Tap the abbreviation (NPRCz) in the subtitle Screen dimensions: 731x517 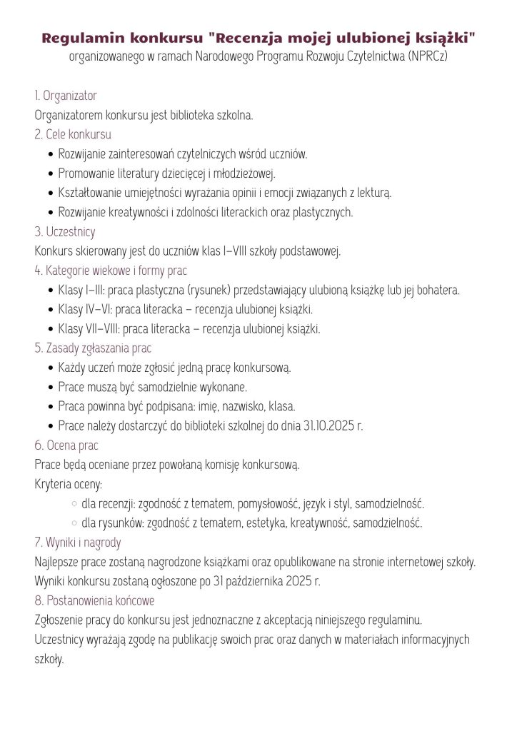[x=428, y=56]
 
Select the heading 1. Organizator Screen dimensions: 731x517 [x=66, y=96]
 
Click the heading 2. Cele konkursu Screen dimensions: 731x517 [x=73, y=134]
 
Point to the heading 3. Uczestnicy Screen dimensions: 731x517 [x=65, y=231]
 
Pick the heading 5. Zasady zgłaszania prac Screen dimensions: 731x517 [x=93, y=348]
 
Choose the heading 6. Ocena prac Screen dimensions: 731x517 [x=66, y=445]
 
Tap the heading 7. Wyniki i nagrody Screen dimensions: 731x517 [x=78, y=543]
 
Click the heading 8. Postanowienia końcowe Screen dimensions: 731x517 [x=94, y=600]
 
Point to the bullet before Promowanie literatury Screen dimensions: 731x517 [x=50, y=173]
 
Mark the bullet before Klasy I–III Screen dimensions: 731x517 [x=50, y=291]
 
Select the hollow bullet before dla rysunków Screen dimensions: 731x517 [x=74, y=523]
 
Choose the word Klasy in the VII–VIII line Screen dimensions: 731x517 [x=71, y=329]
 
